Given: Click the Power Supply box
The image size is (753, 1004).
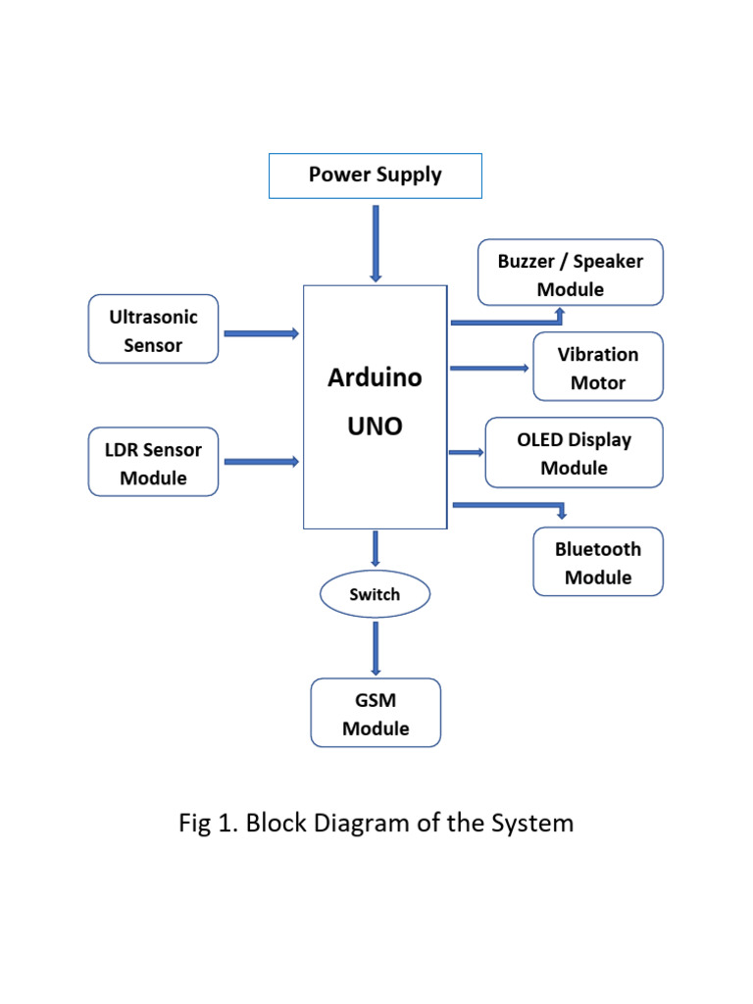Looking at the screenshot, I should click(376, 176).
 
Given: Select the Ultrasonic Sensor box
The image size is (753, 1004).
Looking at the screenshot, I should click(153, 329).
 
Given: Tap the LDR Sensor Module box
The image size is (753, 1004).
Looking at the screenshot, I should click(153, 463).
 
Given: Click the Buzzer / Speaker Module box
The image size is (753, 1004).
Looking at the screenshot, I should click(571, 274).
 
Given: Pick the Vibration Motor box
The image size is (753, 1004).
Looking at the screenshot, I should click(598, 368).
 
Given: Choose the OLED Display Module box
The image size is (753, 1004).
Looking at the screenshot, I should click(574, 453).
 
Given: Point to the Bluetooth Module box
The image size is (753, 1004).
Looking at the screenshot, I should click(598, 563).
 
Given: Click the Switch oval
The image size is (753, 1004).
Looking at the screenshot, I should click(375, 594).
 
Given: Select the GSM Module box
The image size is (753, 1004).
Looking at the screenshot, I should click(376, 714).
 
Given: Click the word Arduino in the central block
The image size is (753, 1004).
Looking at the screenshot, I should click(375, 377).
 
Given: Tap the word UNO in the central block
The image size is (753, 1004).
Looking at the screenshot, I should click(375, 427).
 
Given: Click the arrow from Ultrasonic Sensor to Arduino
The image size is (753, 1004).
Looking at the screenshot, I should click(261, 333).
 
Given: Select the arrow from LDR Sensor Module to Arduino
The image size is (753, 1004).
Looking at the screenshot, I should click(261, 462).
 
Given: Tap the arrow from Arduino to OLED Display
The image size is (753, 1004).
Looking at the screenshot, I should click(468, 452).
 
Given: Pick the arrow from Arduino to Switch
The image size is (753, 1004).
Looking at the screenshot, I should click(375, 548).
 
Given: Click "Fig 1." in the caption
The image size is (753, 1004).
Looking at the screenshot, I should click(209, 823).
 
